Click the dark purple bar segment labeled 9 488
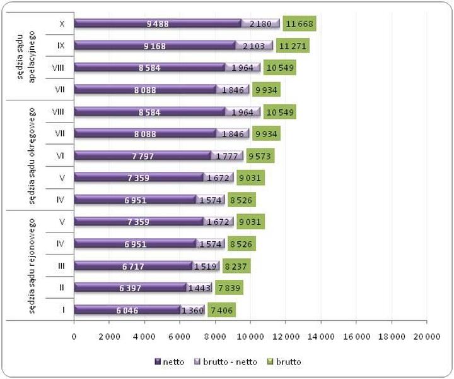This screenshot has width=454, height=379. click(158, 24)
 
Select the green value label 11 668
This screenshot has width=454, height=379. click(299, 24)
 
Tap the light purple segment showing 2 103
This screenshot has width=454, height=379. click(255, 45)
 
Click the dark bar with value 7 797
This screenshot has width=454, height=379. click(143, 156)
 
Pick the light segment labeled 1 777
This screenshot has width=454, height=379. click(227, 156)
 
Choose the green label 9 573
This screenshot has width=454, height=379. click(260, 156)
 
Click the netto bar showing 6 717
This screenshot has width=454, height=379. click(133, 266)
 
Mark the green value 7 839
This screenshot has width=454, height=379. click(229, 288)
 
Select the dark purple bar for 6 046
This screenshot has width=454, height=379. click(127, 310)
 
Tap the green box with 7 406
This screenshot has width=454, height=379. click(221, 310)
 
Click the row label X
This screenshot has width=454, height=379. click(62, 24)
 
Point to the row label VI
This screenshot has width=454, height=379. click(62, 156)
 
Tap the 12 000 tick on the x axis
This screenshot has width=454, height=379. click(285, 337)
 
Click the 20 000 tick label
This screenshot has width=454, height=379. click(426, 337)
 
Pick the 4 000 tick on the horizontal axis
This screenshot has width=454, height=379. click(144, 337)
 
